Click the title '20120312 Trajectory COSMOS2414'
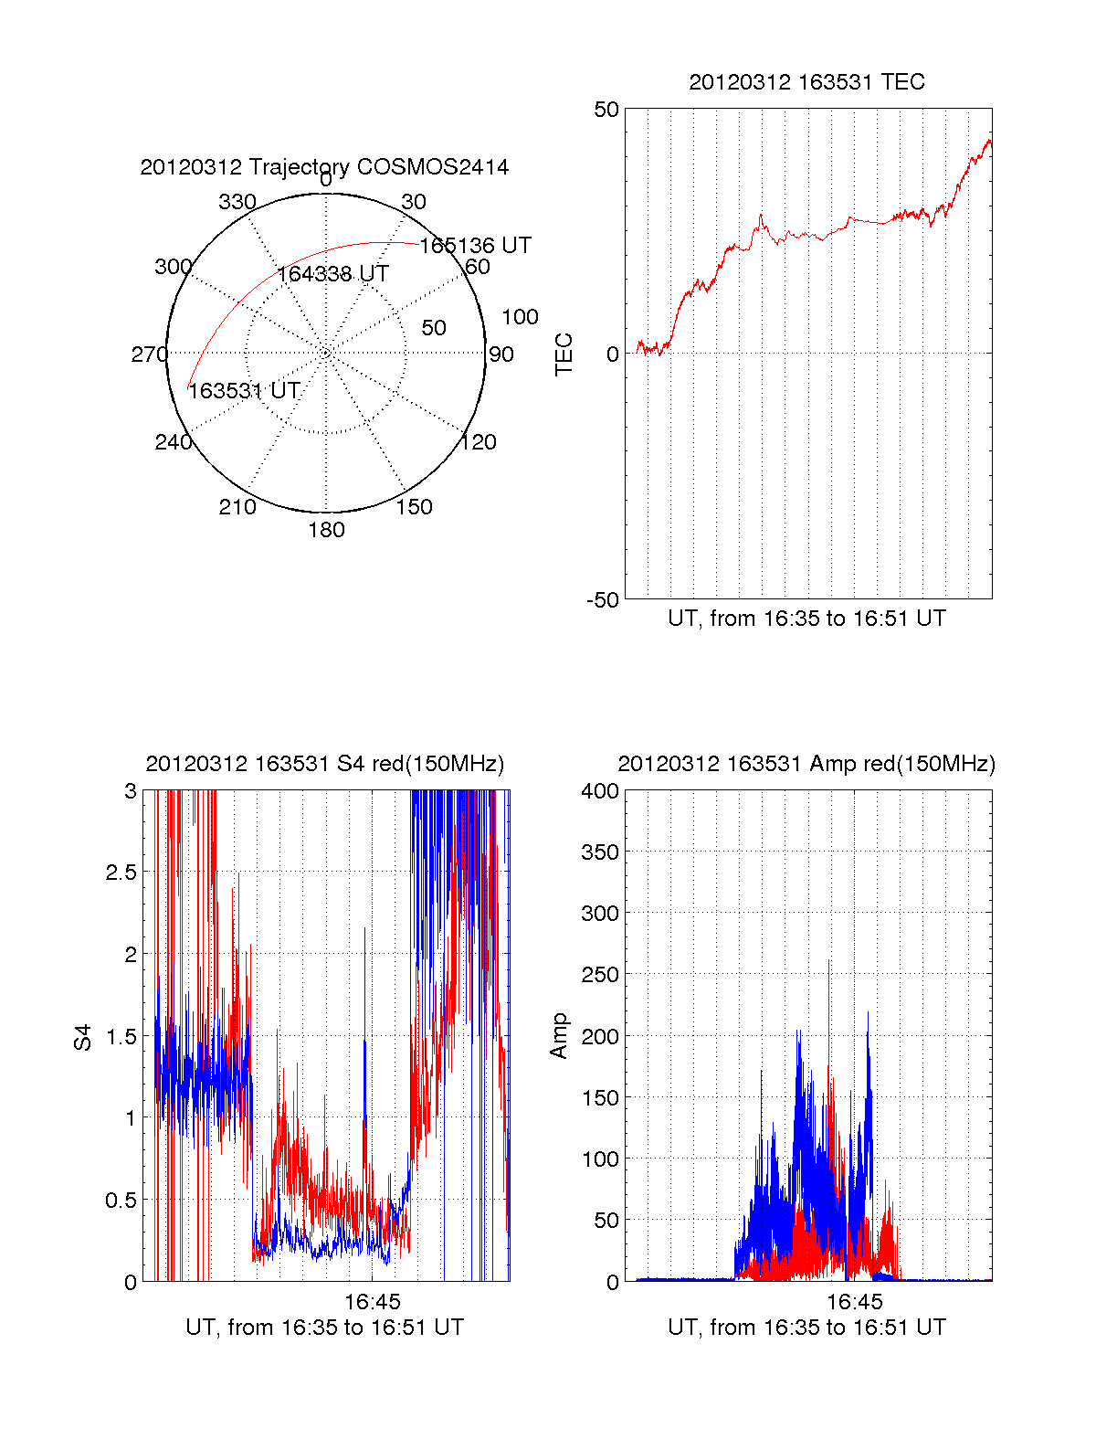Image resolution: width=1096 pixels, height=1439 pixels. (324, 167)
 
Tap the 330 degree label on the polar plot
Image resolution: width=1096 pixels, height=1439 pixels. (237, 202)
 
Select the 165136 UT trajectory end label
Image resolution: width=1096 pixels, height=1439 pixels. (475, 246)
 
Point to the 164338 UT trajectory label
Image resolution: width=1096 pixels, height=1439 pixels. (333, 274)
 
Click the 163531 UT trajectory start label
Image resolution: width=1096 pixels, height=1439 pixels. (244, 391)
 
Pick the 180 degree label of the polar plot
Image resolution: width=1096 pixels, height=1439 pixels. (326, 530)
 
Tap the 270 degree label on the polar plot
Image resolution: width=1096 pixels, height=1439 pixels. (149, 354)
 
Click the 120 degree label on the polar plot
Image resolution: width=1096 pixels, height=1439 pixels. (479, 442)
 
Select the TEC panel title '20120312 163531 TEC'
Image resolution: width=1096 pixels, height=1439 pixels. (806, 82)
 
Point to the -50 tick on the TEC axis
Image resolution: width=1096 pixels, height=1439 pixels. (603, 600)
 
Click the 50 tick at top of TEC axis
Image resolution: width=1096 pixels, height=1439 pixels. (606, 110)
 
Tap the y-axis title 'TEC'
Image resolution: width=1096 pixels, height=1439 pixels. (564, 354)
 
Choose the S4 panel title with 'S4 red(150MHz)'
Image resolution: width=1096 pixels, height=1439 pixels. (324, 764)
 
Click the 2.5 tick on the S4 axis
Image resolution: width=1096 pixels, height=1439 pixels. (121, 873)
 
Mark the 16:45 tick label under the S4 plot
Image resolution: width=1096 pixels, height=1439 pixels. (372, 1301)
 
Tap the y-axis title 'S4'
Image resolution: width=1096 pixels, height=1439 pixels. (83, 1037)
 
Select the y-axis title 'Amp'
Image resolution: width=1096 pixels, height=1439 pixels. (559, 1036)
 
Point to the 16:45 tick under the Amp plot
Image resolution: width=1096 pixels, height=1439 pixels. (855, 1301)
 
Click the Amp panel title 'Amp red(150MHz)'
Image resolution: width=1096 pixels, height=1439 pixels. (806, 764)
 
